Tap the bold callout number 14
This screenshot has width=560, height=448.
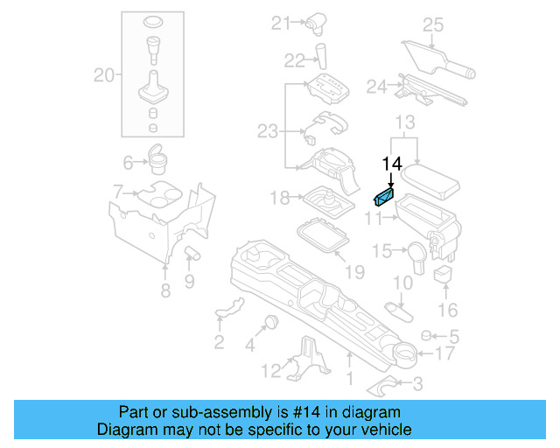(391, 164)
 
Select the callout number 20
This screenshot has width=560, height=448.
(104, 76)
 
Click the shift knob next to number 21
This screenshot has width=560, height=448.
(316, 24)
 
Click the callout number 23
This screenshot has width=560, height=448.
(267, 131)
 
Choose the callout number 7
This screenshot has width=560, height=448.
(119, 192)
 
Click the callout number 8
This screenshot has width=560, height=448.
(165, 291)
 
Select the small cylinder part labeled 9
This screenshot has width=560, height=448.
(192, 253)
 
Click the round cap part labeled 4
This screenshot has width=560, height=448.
(269, 320)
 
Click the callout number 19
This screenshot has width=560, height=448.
(354, 272)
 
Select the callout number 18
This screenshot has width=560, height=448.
(279, 199)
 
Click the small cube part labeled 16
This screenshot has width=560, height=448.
(444, 276)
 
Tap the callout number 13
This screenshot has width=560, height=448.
(404, 121)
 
